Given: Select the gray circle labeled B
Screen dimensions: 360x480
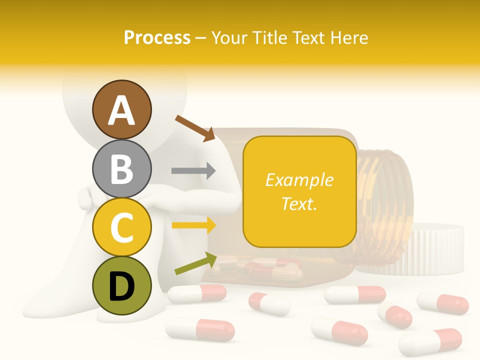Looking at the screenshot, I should pyautogui.click(x=121, y=168).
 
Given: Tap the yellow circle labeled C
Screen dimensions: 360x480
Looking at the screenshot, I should pyautogui.click(x=121, y=227).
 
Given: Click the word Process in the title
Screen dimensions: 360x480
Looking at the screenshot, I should pyautogui.click(x=157, y=37).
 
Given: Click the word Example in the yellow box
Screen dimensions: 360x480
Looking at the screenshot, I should pyautogui.click(x=299, y=180).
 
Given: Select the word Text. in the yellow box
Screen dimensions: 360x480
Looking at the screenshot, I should pyautogui.click(x=299, y=203).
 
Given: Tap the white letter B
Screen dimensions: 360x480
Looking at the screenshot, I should pyautogui.click(x=121, y=168).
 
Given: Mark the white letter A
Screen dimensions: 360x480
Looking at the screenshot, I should pyautogui.click(x=121, y=110).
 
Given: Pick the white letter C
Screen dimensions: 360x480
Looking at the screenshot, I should pyautogui.click(x=121, y=227).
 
